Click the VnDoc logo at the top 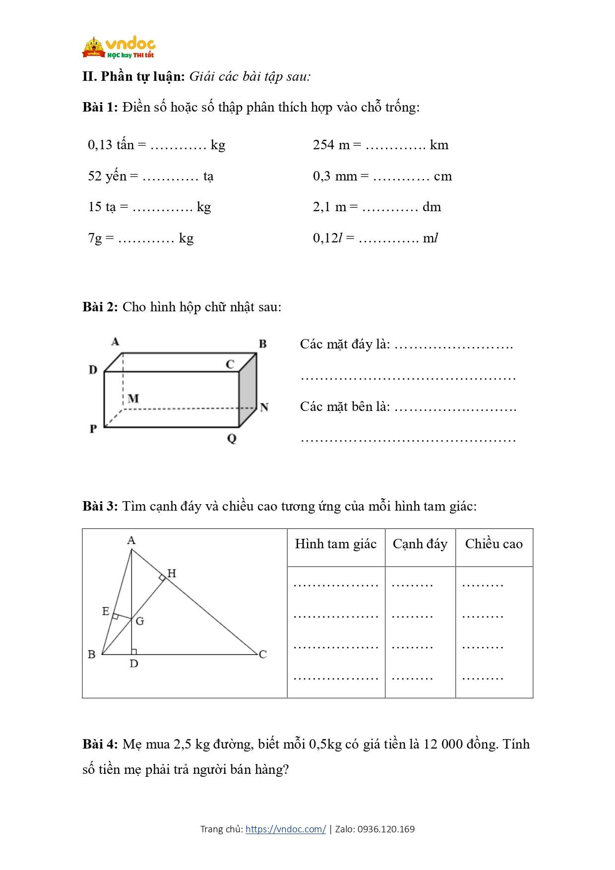(119, 48)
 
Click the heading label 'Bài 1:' (100, 107)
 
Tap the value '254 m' (331, 145)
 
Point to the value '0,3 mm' (335, 176)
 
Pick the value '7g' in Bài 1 (95, 238)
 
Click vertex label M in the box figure (133, 399)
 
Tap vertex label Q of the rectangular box (232, 439)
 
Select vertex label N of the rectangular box (264, 407)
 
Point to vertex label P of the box (93, 429)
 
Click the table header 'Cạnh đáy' (420, 544)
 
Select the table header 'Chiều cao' (494, 544)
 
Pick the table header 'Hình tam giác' (336, 544)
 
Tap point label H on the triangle (172, 574)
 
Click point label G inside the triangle (140, 621)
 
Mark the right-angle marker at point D (134, 651)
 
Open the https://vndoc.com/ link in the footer (286, 829)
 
